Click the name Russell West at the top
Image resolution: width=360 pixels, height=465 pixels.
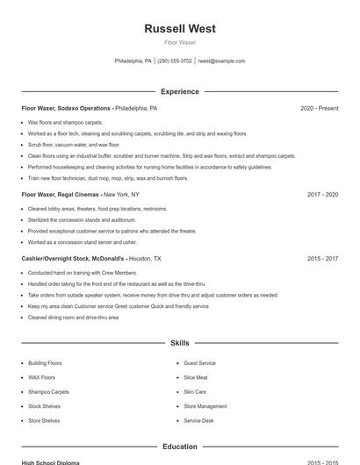[180, 28]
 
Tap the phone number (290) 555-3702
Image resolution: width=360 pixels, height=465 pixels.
[175, 61]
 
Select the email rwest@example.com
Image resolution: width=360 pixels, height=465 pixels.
[221, 61]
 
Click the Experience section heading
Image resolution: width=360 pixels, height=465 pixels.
[180, 91]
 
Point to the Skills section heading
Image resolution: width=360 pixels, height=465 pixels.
[180, 343]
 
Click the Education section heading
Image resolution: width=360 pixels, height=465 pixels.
[180, 447]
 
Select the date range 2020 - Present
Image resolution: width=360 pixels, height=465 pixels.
[319, 109]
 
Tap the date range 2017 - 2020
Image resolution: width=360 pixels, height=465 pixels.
[322, 195]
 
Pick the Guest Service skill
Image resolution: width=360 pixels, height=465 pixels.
[199, 363]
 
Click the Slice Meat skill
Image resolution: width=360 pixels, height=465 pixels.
[196, 377]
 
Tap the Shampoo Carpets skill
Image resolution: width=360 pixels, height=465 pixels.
[48, 392]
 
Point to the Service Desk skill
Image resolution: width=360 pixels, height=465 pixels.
[198, 421]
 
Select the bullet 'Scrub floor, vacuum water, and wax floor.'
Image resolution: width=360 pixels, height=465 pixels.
[74, 145]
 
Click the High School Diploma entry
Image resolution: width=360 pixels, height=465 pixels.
[51, 461]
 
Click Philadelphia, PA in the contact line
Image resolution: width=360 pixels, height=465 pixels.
[133, 61]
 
